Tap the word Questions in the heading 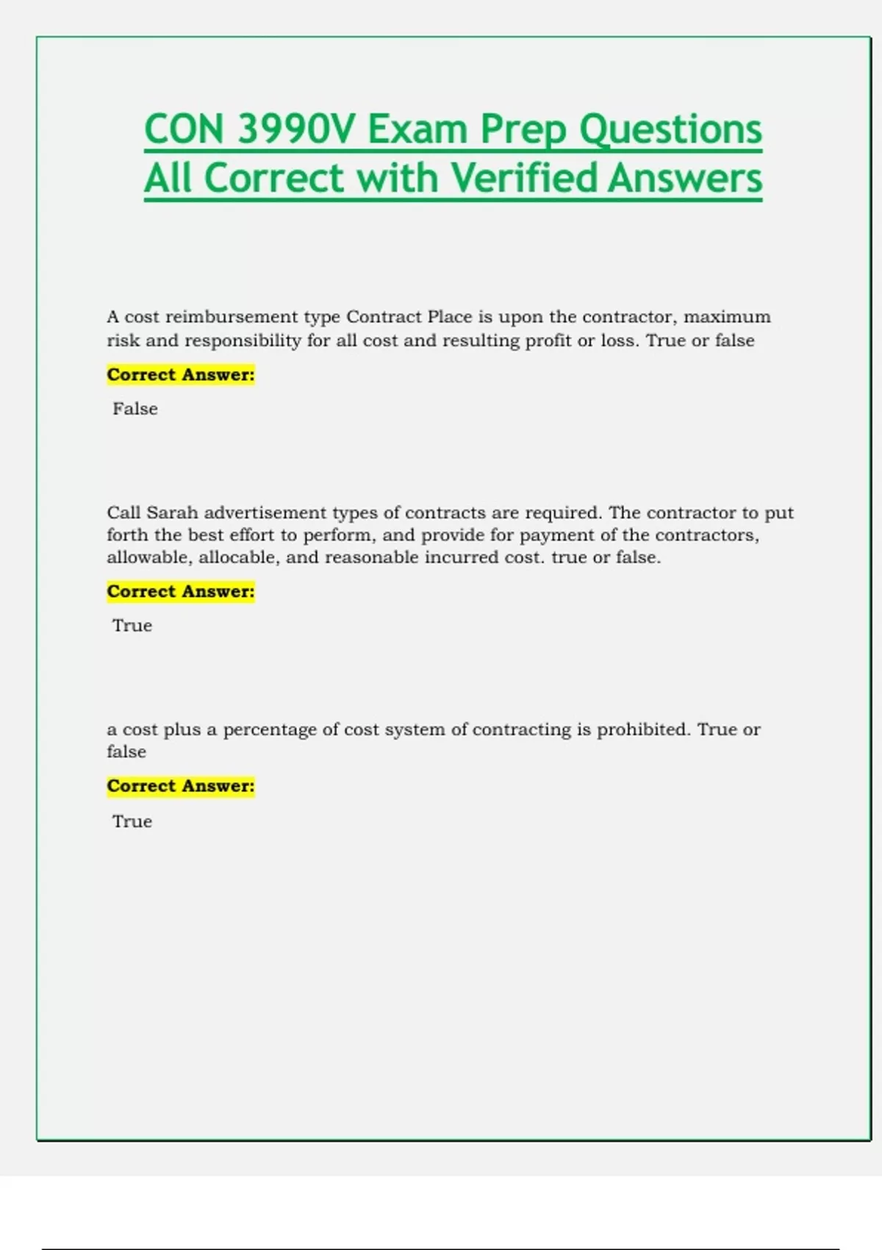(x=670, y=129)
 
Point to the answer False (x=135, y=409)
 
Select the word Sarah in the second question (x=172, y=512)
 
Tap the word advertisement (x=265, y=512)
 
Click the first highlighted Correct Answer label (x=181, y=375)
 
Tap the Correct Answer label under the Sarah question (x=181, y=592)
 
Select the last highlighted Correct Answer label (x=181, y=786)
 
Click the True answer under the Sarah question (x=132, y=626)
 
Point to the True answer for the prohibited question (x=132, y=821)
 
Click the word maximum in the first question (x=727, y=317)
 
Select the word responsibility (x=243, y=340)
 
